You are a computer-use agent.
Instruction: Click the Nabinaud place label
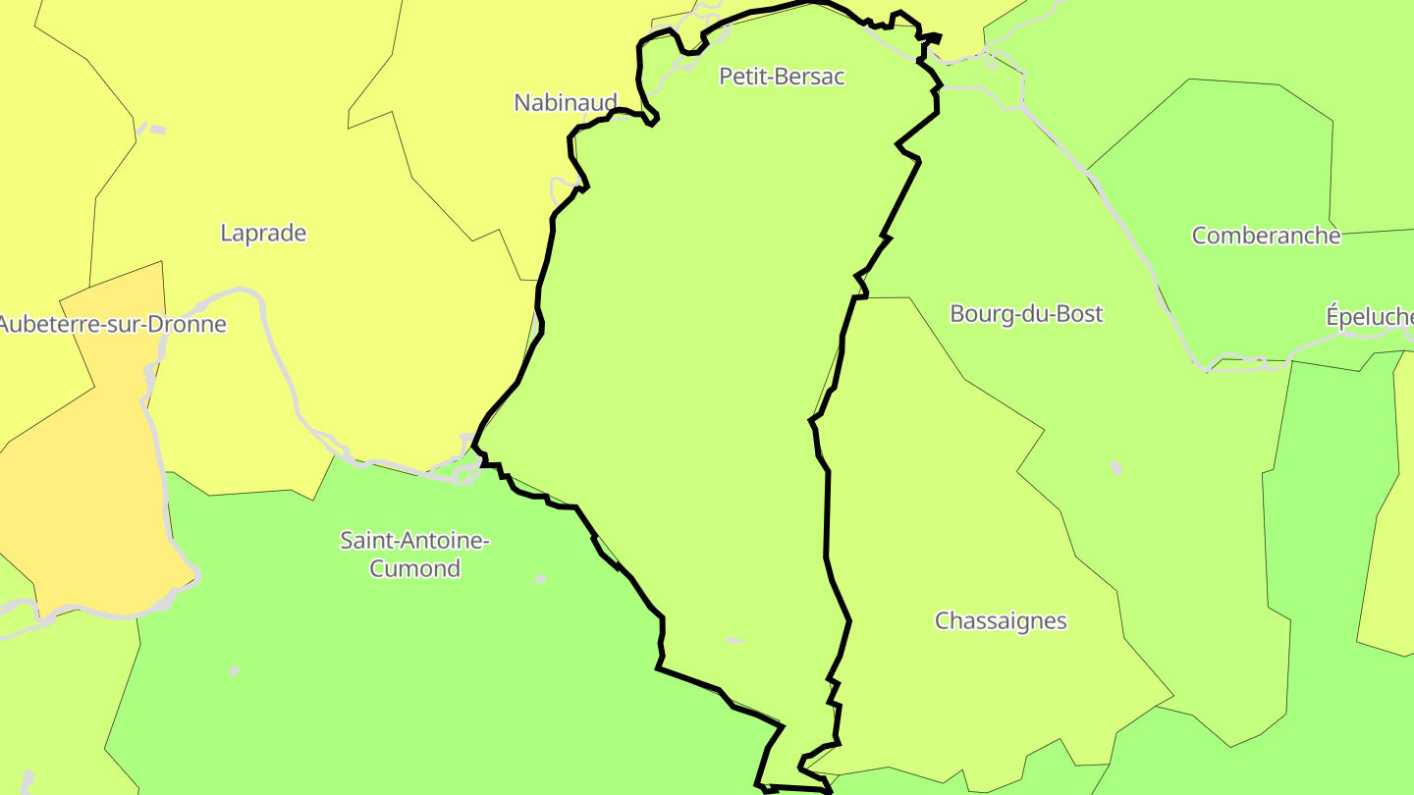pos(566,102)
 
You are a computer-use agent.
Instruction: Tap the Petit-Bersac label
pos(782,77)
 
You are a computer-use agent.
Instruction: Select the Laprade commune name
pos(263,234)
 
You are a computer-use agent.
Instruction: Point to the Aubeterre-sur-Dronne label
pos(112,325)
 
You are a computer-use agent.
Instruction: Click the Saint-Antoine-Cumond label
pos(414,554)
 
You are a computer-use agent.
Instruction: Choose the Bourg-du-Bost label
pos(1026,314)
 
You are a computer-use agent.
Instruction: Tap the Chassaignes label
pos(1001,621)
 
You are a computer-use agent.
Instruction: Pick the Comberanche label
pos(1266,236)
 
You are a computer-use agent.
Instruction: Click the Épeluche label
pos(1370,317)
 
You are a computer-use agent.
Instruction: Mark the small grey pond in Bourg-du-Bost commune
pos(1115,467)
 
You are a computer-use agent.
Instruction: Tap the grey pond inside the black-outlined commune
pos(734,641)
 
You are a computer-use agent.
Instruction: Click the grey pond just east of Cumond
pos(539,579)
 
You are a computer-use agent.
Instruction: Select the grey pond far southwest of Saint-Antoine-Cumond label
pos(234,671)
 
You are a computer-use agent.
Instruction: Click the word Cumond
pos(414,568)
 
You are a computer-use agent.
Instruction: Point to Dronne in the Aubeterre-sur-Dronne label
pos(192,325)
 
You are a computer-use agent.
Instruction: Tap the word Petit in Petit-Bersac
pos(742,77)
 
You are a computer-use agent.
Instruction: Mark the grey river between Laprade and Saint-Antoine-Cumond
pos(373,461)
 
